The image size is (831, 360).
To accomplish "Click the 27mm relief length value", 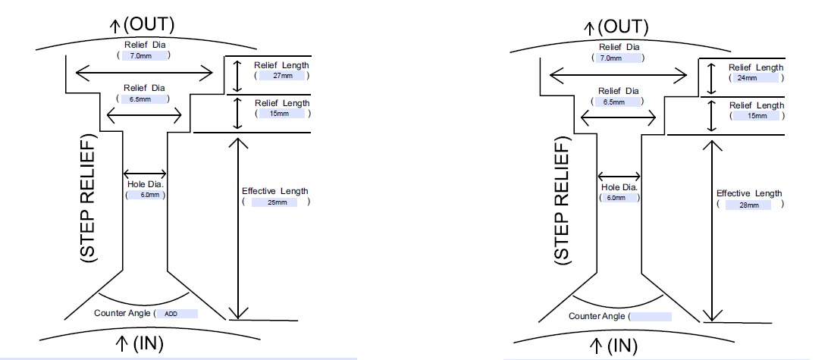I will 281,76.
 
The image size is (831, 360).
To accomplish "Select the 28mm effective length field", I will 750,205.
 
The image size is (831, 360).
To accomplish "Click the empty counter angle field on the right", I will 651,316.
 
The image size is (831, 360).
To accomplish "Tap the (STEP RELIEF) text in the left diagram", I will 89,200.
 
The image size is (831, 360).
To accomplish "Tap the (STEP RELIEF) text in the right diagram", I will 562,202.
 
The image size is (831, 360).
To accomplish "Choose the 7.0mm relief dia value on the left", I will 143,55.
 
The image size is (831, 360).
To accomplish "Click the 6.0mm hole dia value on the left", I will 146,195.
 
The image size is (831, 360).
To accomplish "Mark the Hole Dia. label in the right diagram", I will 619,187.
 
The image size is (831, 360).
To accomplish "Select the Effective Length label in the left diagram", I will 274,191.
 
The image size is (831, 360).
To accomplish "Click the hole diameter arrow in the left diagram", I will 144,173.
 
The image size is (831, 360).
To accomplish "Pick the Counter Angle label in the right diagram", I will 597,316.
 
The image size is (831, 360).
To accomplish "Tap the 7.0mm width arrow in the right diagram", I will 619,74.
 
